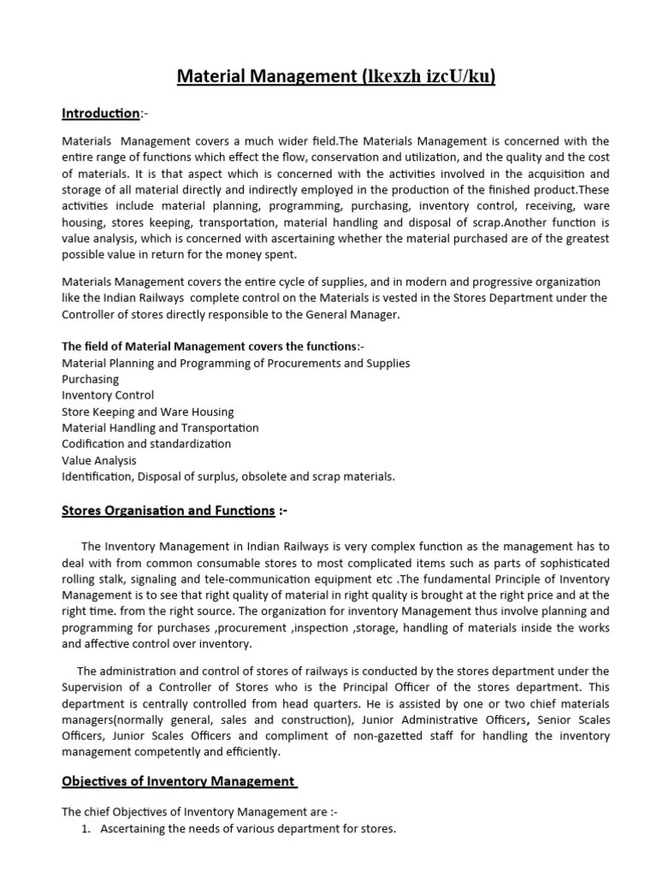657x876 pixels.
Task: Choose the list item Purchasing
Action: coord(90,379)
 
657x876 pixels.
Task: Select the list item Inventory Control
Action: coord(108,395)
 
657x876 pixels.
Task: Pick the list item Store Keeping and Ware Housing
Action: coord(147,411)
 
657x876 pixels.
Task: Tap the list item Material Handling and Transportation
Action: coord(160,428)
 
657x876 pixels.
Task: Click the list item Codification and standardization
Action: coord(146,444)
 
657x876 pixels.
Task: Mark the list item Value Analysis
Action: coord(98,460)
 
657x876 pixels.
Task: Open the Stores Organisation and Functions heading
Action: coord(168,511)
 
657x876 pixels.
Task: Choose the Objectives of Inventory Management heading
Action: coord(179,781)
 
